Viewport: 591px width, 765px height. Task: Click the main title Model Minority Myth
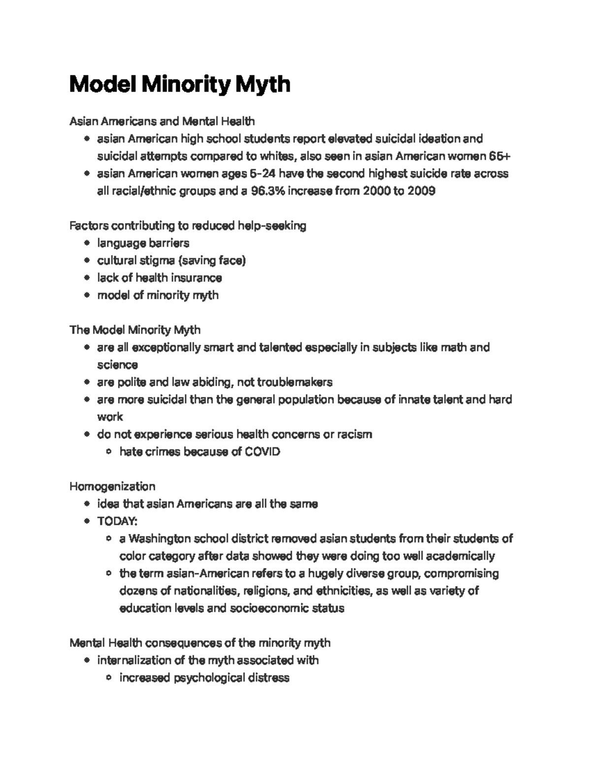180,84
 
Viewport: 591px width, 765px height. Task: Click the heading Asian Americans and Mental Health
162,121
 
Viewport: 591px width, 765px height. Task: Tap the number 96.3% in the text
267,191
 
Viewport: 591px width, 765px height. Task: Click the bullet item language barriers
143,243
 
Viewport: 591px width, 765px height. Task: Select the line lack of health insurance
160,278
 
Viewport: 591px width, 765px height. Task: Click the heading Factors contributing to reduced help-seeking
188,226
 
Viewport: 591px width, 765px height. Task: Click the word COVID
262,452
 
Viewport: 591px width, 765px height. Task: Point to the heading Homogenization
112,487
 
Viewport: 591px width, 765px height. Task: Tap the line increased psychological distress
204,678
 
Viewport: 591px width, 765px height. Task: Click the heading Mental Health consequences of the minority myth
200,643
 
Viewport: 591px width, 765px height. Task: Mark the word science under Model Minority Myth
117,365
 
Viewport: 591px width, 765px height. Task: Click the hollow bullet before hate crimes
109,452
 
